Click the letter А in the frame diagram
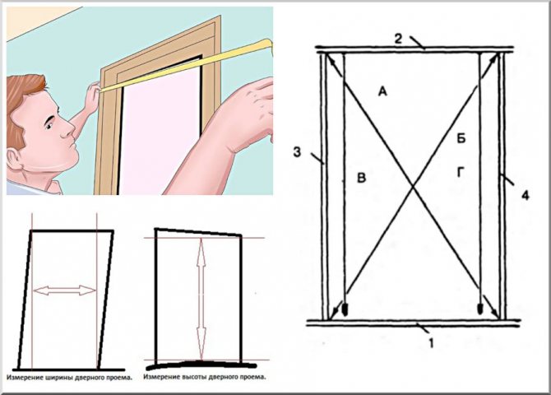coord(382,91)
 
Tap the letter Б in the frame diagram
coord(461,138)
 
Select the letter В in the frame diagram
coord(361,178)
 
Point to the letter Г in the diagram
coord(461,172)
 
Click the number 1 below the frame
coord(432,343)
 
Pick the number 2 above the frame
coord(397,39)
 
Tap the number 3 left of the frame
coord(297,152)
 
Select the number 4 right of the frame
coord(525,195)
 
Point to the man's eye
coord(49,125)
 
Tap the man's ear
coord(15,159)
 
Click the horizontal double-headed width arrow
coord(64,290)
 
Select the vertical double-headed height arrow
coord(201,298)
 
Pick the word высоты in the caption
coord(193,378)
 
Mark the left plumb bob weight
coord(345,309)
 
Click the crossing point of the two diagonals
coord(413,187)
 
